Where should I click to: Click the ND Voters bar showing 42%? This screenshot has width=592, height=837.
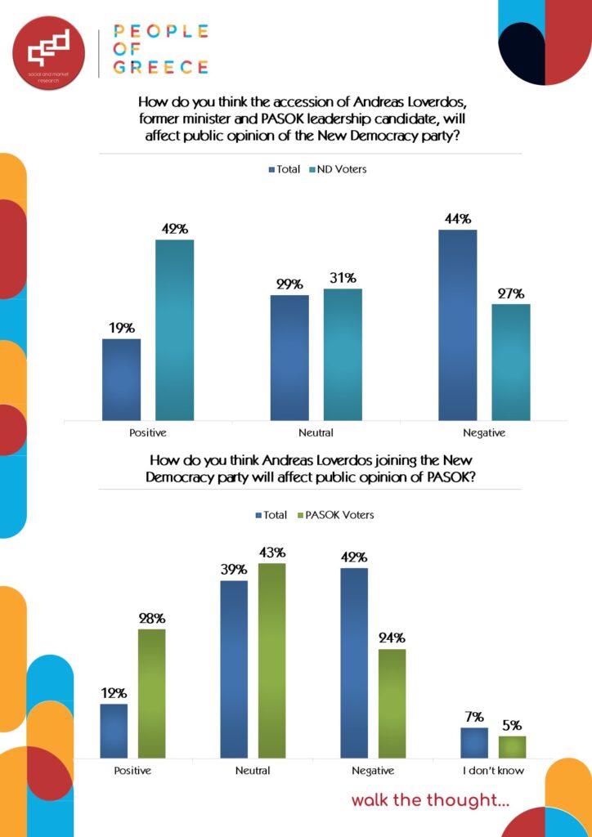pos(175,329)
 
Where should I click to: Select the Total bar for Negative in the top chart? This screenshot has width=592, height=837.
pos(457,325)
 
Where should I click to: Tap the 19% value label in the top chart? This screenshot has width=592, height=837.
pos(121,328)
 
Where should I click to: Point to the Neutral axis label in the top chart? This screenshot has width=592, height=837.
pos(316,432)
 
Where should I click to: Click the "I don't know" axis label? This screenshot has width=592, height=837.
pos(493,770)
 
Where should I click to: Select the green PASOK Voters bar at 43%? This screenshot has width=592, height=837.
pos(272,660)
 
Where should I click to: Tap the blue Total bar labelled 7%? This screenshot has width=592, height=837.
pos(473,742)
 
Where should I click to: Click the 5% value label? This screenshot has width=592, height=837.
pos(512,725)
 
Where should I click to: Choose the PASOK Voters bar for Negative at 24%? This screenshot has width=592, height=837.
pos(392,703)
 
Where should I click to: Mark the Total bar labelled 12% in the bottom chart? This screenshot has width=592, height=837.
pos(114,731)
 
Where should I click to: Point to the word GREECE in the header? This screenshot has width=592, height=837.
pos(160,67)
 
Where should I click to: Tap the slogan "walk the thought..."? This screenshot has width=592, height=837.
pos(430,800)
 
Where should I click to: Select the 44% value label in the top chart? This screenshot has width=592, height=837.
pos(457,219)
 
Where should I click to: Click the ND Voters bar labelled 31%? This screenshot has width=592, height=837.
pos(343,354)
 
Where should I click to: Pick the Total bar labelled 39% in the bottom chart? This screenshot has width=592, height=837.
pos(234,669)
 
